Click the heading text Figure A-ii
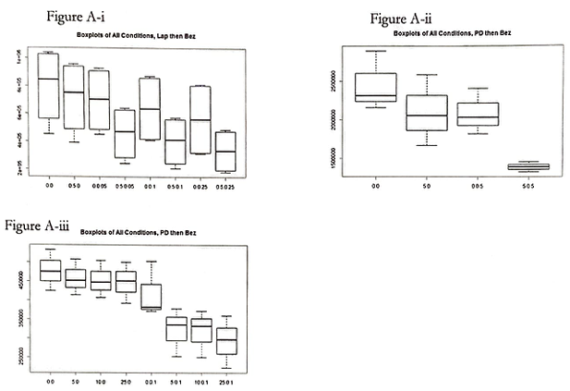[x=400, y=18]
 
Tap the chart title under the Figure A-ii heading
[x=452, y=33]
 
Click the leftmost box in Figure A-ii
[x=375, y=87]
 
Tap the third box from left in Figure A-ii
[x=478, y=114]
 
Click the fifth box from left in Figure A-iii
[x=151, y=296]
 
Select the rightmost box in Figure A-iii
[x=226, y=340]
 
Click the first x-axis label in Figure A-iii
[x=49, y=380]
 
